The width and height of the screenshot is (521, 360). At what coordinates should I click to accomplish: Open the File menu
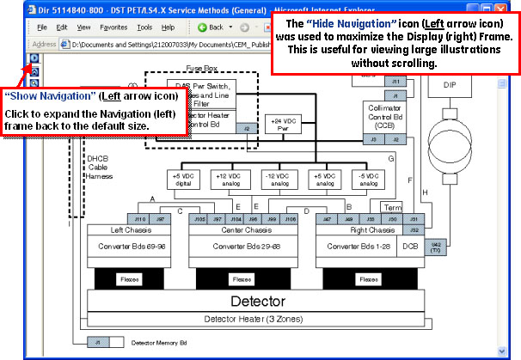40,27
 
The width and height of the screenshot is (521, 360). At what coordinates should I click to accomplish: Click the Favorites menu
113,27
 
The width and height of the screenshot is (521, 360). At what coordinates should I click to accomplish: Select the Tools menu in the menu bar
144,27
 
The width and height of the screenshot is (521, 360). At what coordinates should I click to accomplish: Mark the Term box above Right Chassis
392,207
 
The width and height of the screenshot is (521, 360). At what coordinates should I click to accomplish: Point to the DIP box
451,85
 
